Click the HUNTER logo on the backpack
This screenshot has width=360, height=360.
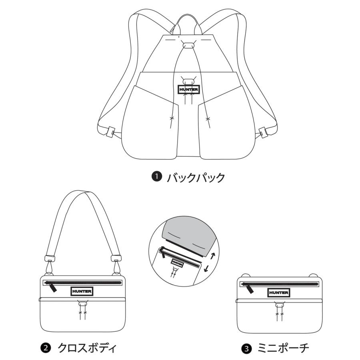pos(188,90)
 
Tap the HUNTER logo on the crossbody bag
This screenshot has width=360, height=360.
pos(82,291)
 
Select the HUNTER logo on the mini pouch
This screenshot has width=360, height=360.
pos(278,293)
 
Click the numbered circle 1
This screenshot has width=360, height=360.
pos(157,177)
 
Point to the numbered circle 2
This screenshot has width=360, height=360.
pos(46,348)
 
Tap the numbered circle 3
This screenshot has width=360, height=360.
pos(246,349)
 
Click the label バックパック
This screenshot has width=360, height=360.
pos(196,178)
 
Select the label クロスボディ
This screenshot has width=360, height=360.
pos(87,348)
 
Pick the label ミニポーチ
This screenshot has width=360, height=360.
pos(283,348)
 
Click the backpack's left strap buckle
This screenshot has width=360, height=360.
pos(110,132)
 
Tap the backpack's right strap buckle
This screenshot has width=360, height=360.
pos(263,132)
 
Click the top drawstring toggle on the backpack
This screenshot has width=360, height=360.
pos(188,45)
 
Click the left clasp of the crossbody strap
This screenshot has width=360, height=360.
pos(50,265)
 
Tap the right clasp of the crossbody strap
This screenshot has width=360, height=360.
pos(116,265)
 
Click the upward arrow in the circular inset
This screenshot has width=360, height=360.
pos(213,256)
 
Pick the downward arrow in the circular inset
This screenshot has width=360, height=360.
pos(206,268)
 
